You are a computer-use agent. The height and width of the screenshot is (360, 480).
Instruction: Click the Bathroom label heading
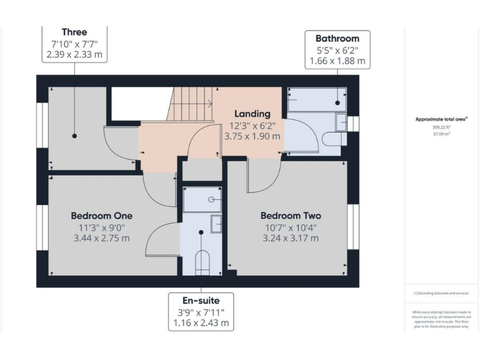click(x=337, y=37)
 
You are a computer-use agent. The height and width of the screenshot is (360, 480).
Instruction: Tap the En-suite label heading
click(x=201, y=301)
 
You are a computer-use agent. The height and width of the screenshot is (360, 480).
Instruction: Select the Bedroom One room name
click(x=101, y=216)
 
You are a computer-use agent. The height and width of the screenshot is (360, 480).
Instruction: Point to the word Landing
click(x=252, y=114)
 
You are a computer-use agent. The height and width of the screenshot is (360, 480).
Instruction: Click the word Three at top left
click(x=74, y=32)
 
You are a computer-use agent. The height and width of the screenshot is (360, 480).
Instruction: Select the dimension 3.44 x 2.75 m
click(x=101, y=238)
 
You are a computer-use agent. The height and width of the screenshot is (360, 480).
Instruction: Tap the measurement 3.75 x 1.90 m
click(x=252, y=136)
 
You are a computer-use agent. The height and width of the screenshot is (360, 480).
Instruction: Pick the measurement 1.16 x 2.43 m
click(x=201, y=323)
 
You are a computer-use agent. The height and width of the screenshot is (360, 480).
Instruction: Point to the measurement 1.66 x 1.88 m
click(x=337, y=61)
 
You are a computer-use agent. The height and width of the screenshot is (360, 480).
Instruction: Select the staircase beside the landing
click(x=191, y=102)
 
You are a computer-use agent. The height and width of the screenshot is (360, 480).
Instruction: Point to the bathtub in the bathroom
click(x=316, y=99)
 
